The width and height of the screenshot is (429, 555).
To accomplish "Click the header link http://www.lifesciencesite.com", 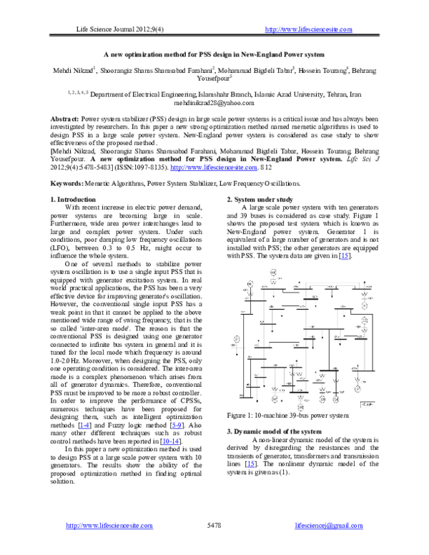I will [x=308, y=28].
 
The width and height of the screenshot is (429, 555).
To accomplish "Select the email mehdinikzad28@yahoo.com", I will [x=214, y=103].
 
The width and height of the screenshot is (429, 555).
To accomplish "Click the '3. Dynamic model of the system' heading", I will [x=280, y=433].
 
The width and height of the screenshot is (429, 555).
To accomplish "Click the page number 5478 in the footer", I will [x=214, y=526].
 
